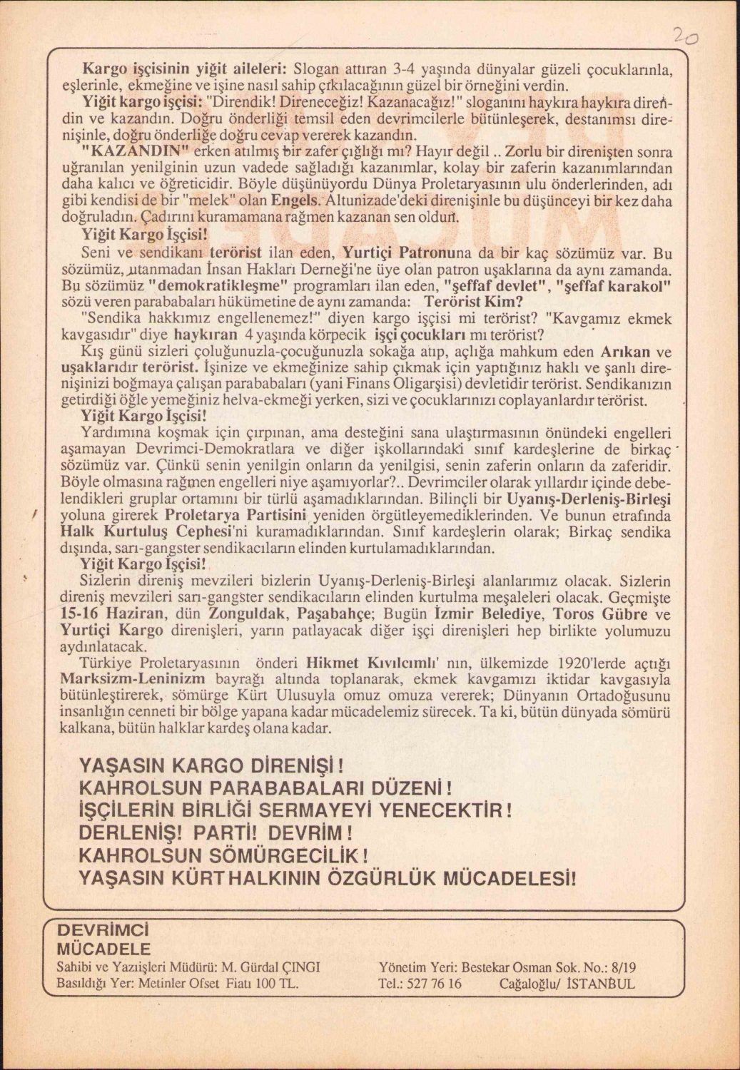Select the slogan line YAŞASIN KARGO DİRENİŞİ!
(x=212, y=766)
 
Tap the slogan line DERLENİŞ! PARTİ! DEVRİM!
(x=216, y=832)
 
